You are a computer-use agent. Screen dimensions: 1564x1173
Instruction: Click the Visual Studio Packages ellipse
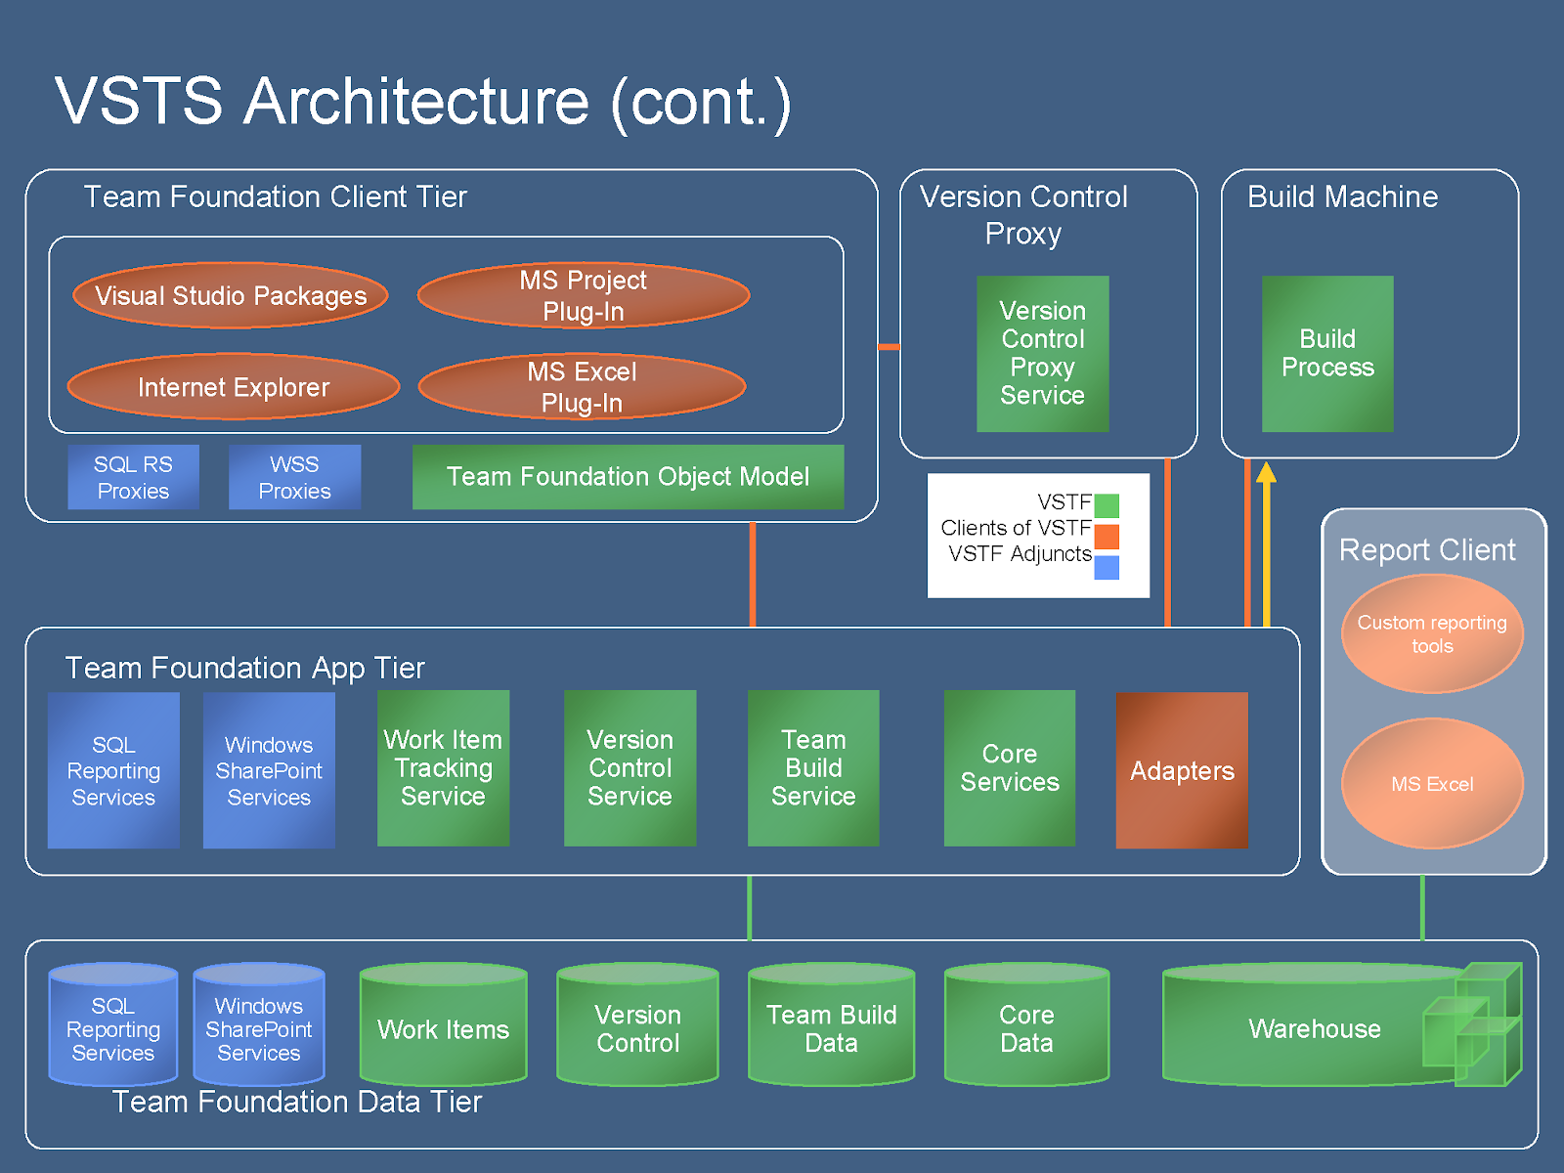(231, 295)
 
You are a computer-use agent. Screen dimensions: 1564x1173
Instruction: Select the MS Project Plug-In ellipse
(584, 295)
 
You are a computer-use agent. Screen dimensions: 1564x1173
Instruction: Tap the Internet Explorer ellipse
(234, 387)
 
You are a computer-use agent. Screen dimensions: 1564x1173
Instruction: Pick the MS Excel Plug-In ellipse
(583, 387)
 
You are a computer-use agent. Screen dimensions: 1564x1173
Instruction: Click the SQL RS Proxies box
(133, 477)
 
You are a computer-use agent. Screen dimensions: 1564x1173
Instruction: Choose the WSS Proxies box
(295, 477)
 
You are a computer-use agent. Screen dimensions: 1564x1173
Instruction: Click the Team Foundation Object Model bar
(628, 477)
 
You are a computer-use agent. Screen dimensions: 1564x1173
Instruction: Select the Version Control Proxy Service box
(1042, 353)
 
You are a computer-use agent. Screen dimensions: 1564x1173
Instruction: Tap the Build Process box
(1327, 353)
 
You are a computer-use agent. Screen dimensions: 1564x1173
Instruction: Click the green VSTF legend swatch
(1107, 505)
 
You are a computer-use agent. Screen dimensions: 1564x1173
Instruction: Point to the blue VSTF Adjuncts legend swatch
(1107, 568)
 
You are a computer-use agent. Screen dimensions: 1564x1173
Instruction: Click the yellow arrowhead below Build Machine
(1266, 472)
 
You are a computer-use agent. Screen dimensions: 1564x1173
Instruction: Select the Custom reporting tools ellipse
(1432, 633)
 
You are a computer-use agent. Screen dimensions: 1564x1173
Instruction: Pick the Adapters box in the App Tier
(1182, 770)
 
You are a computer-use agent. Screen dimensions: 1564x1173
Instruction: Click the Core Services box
(1010, 767)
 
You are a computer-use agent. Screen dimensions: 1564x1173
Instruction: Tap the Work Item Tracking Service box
(443, 767)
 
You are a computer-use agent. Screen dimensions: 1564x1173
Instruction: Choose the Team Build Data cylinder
(832, 1024)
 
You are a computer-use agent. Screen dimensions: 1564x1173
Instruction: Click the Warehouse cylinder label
(1315, 1028)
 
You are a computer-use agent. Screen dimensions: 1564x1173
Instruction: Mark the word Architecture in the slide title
(416, 101)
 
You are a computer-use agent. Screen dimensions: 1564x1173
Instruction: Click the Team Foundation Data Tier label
(297, 1102)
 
